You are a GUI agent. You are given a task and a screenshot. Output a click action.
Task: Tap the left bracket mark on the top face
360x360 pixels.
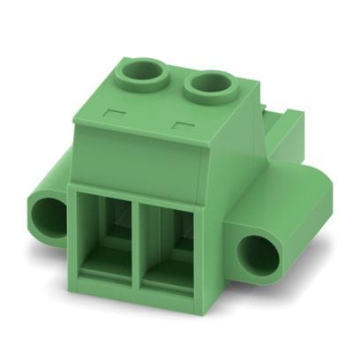click(112, 112)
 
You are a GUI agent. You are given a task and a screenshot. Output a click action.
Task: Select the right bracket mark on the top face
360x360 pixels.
click(183, 124)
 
